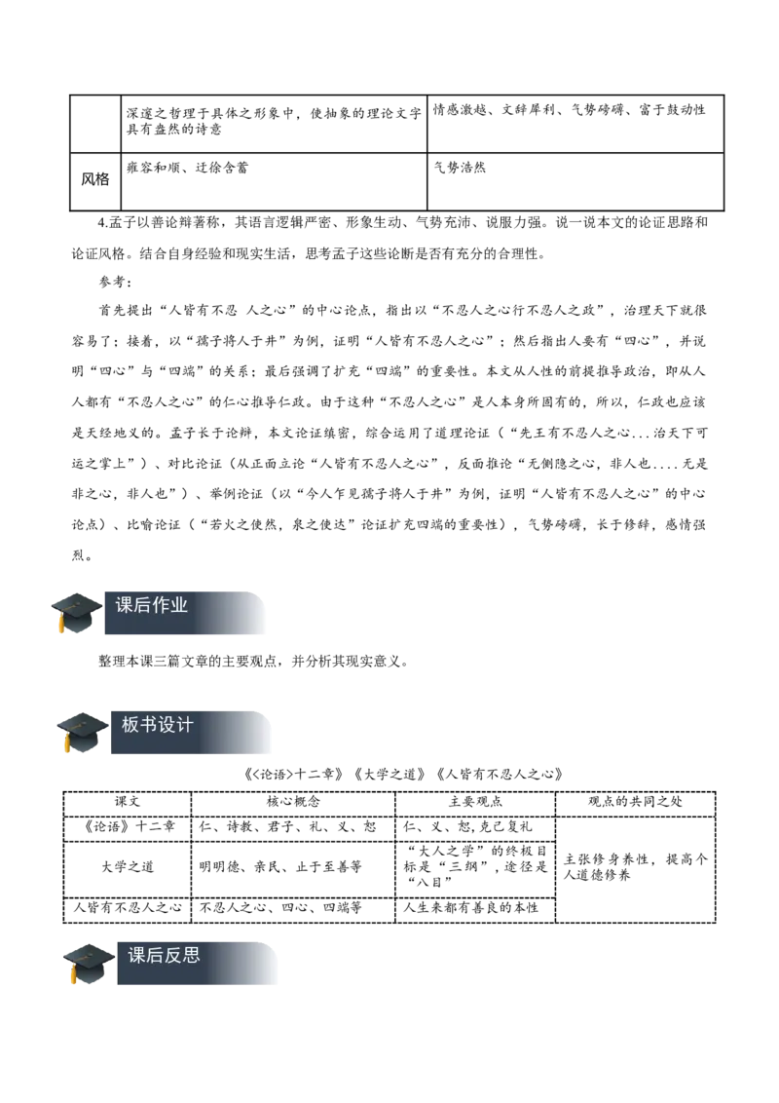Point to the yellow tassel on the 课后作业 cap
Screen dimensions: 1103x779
pyautogui.click(x=61, y=626)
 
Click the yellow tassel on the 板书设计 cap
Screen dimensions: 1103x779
pyautogui.click(x=67, y=744)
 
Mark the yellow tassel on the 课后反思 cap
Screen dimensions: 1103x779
pyautogui.click(x=74, y=976)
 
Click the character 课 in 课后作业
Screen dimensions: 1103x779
pyautogui.click(x=125, y=605)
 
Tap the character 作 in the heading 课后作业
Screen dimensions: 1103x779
pyautogui.click(x=161, y=605)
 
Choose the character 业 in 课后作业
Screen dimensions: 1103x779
pyautogui.click(x=179, y=605)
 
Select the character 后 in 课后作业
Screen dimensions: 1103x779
pyautogui.click(x=143, y=605)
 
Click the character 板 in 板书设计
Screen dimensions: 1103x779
pyautogui.click(x=130, y=725)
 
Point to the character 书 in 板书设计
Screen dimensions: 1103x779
pyautogui.click(x=149, y=725)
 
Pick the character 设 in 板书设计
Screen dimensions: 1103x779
pyautogui.click(x=167, y=725)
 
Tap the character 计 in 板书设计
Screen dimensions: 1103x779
pyautogui.click(x=185, y=725)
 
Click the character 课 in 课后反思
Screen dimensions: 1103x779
pyautogui.click(x=137, y=955)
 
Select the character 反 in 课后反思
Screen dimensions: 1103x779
pyautogui.click(x=173, y=955)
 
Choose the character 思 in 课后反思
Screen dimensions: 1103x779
pyautogui.click(x=192, y=955)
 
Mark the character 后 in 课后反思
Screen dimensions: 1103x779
pyautogui.click(x=156, y=955)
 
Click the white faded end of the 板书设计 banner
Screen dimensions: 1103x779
pyautogui.click(x=259, y=733)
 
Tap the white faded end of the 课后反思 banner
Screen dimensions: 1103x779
pyautogui.click(x=267, y=966)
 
